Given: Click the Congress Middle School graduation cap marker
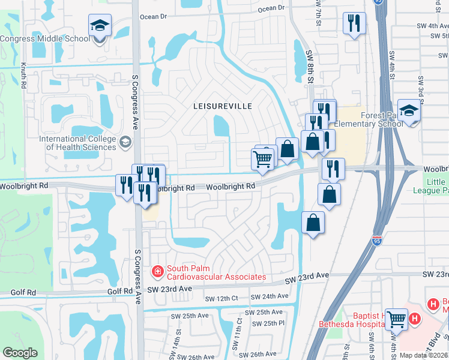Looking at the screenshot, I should point(100,26).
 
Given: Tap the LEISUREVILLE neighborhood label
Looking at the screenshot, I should point(222,106).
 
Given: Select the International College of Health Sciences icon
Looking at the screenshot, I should point(125,142).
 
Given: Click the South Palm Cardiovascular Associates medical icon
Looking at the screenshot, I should point(158,272).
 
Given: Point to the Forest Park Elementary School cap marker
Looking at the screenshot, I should point(409,112).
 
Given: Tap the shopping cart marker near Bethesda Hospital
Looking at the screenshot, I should point(396,319).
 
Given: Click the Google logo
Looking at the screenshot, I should point(20,353).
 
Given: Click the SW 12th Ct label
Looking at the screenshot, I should point(221,298).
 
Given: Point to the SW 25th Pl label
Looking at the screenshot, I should point(268,323).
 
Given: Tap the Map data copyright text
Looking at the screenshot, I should point(423,355).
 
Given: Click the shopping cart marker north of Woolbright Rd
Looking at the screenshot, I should point(262,160).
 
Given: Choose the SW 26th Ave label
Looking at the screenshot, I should point(263,354).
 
